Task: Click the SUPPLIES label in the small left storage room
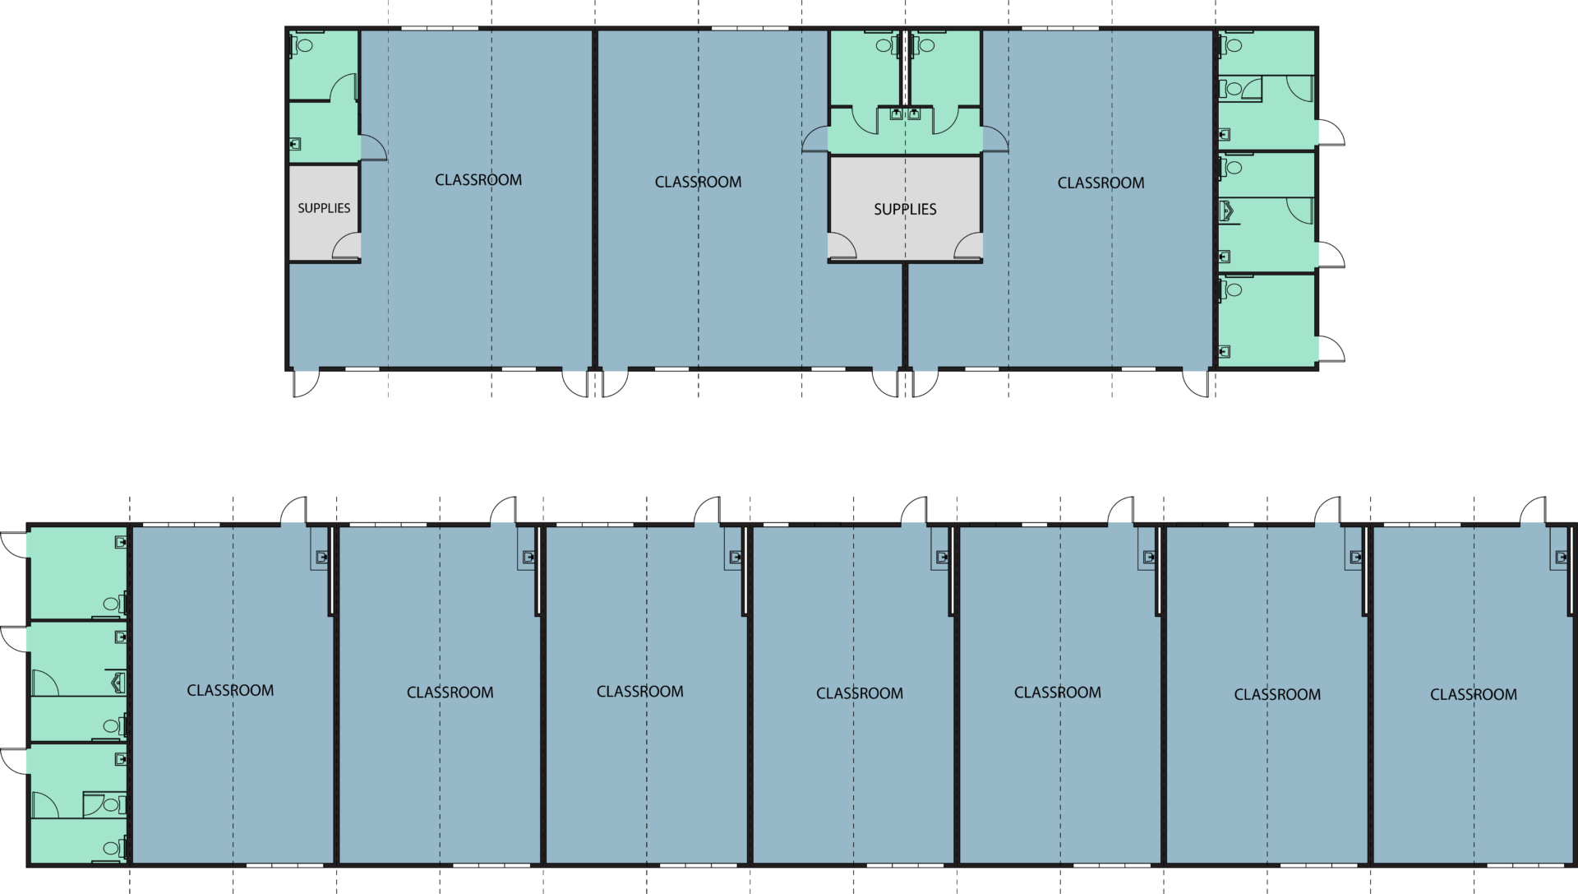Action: pos(324,208)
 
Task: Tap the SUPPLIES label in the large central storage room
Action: pos(905,209)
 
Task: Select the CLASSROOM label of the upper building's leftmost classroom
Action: pos(478,180)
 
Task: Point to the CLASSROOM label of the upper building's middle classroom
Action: pos(698,182)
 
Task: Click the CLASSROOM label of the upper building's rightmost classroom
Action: pos(1100,183)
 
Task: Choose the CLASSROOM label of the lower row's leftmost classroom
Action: pos(230,691)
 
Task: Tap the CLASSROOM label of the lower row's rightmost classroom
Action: pos(1474,694)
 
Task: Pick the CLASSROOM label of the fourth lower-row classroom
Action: pos(860,693)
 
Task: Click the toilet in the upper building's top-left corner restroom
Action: pos(302,45)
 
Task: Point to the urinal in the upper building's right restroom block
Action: pos(1227,211)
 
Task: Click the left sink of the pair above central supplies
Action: pos(896,113)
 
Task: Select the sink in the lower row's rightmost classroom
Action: pos(1562,557)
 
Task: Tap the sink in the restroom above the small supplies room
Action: pos(295,144)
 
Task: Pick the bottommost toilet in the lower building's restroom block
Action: pos(113,847)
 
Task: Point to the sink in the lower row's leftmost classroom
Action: pos(321,557)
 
